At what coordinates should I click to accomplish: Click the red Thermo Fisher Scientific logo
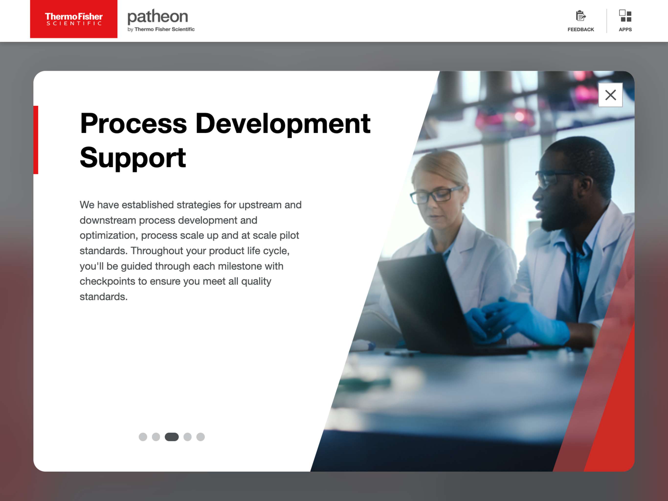(x=74, y=19)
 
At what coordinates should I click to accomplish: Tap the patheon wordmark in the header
(x=158, y=17)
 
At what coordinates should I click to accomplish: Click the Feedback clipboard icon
(x=580, y=16)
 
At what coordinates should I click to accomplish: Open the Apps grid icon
(x=625, y=16)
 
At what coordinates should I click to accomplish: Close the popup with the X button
(x=610, y=95)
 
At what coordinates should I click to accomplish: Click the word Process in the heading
(x=134, y=124)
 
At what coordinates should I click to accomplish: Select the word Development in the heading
(x=283, y=124)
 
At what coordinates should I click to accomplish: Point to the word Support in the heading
(x=133, y=158)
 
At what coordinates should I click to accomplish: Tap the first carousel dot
(x=143, y=437)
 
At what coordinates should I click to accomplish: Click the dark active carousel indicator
(x=172, y=437)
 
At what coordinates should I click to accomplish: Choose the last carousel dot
(x=200, y=437)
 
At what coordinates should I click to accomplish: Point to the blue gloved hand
(x=523, y=320)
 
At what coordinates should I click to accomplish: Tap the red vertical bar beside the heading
(x=36, y=140)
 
